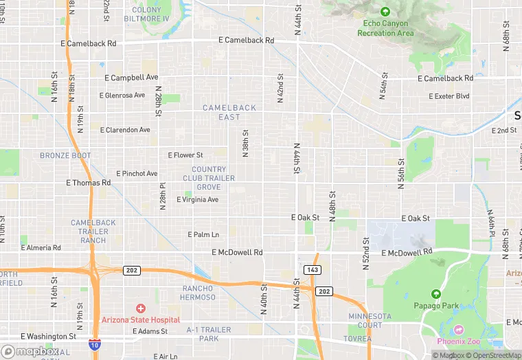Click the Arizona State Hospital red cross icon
coord(141,308)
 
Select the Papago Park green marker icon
coord(437,293)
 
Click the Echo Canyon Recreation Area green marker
coord(385,12)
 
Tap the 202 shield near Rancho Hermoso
coord(132,270)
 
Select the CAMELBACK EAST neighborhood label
coord(229,113)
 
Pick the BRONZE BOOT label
coord(65,156)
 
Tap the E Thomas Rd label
coord(88,183)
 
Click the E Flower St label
coord(185,155)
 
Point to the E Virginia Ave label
coord(198,200)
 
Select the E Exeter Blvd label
coord(447,96)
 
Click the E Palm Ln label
coord(203,234)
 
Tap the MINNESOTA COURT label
coord(370,320)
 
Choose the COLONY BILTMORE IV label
coord(146,14)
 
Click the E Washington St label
coord(48,337)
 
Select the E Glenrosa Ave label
coord(122,95)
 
